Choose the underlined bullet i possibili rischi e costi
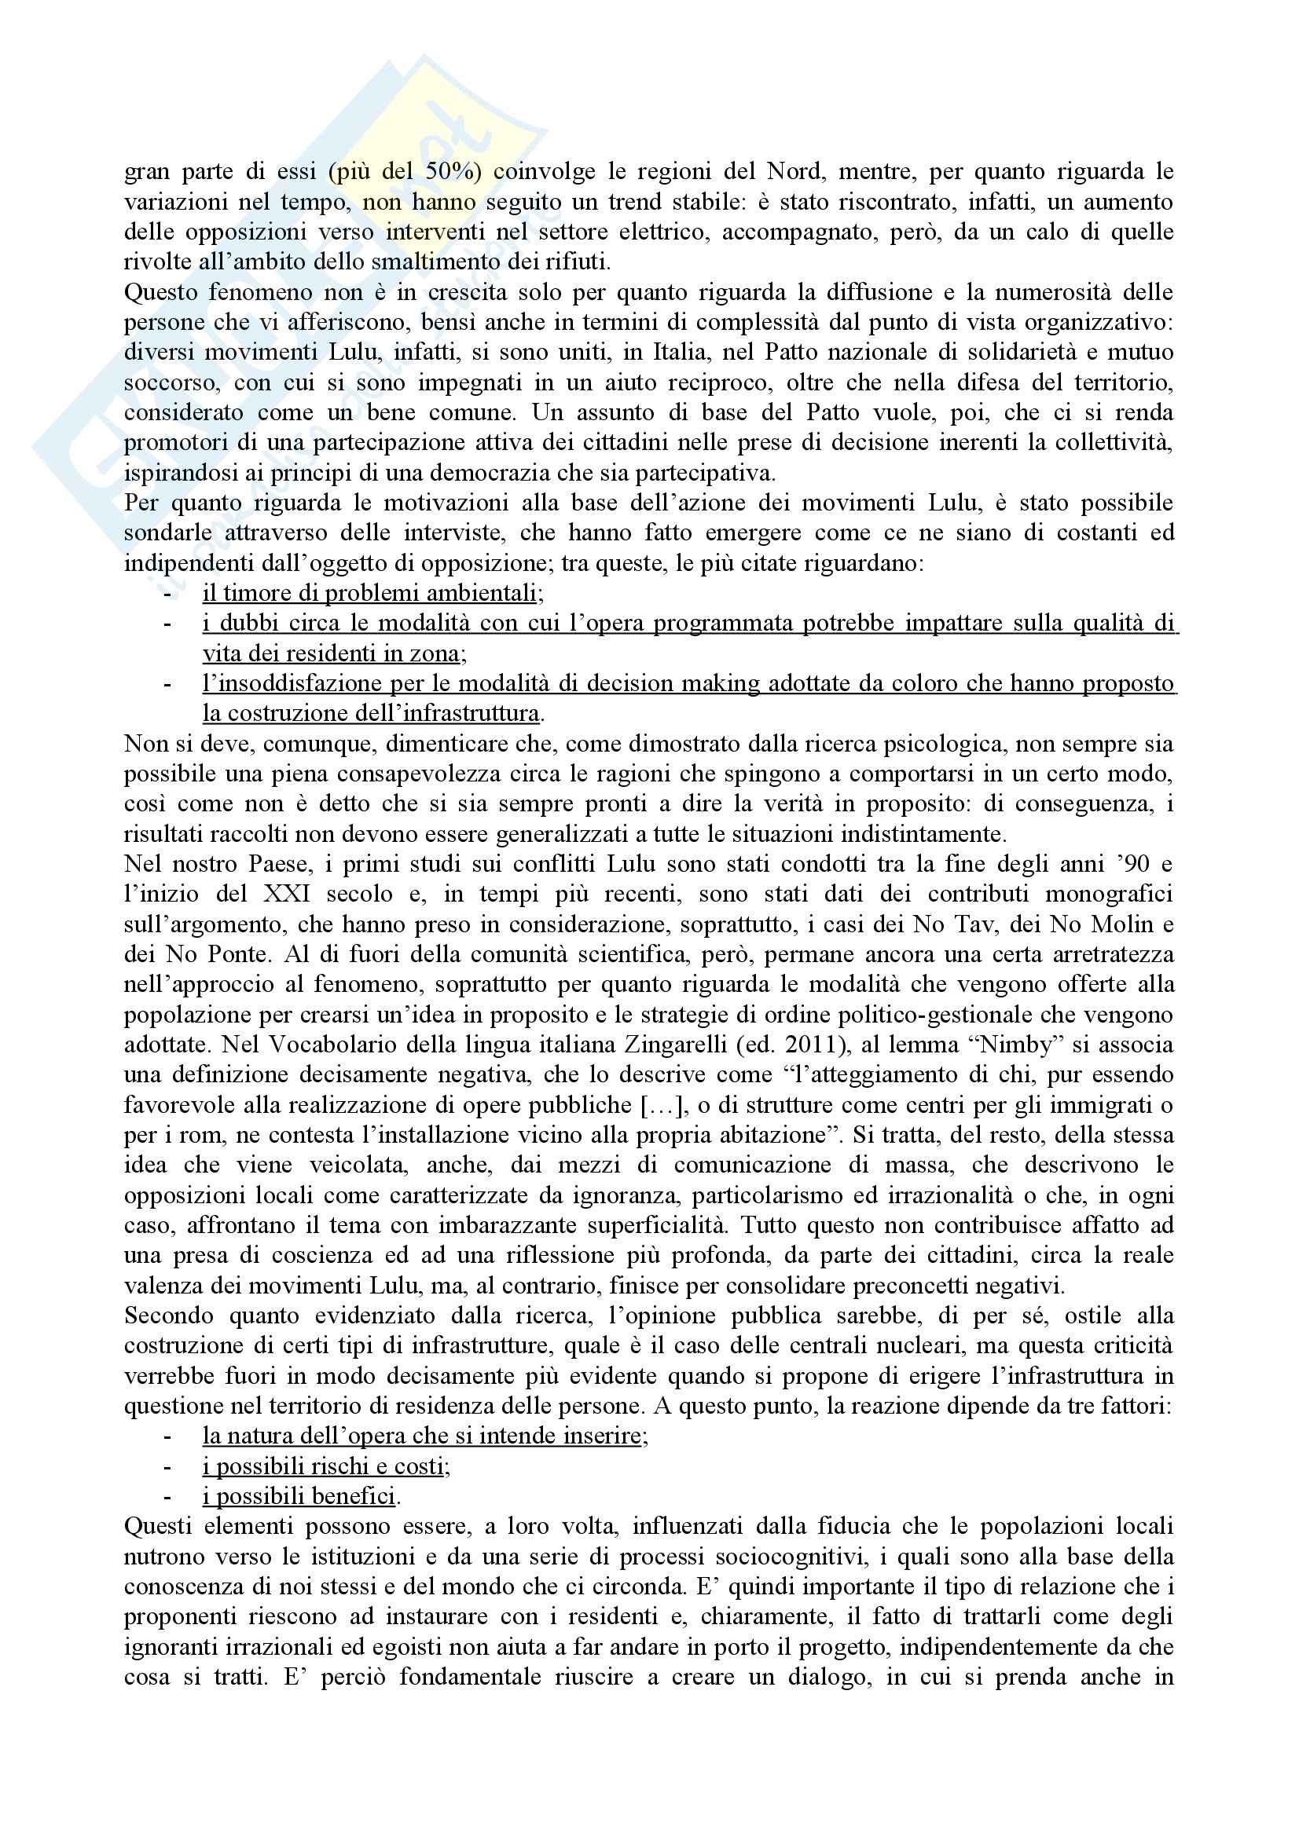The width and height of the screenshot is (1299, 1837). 326,1466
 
